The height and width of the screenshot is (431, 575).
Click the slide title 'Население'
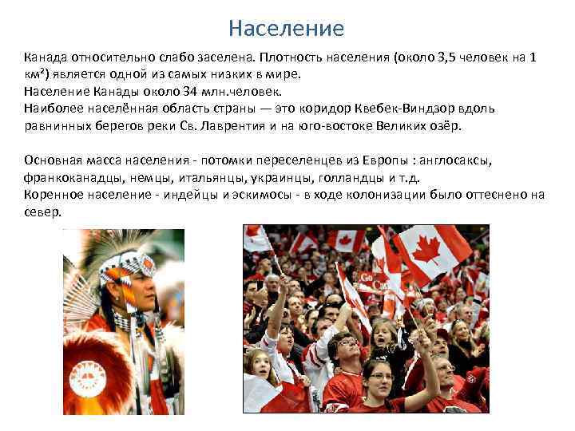click(x=286, y=30)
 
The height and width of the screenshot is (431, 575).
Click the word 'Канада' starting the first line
click(x=45, y=58)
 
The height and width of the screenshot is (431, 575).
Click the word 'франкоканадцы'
click(x=67, y=177)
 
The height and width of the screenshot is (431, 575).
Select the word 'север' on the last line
click(x=42, y=212)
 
